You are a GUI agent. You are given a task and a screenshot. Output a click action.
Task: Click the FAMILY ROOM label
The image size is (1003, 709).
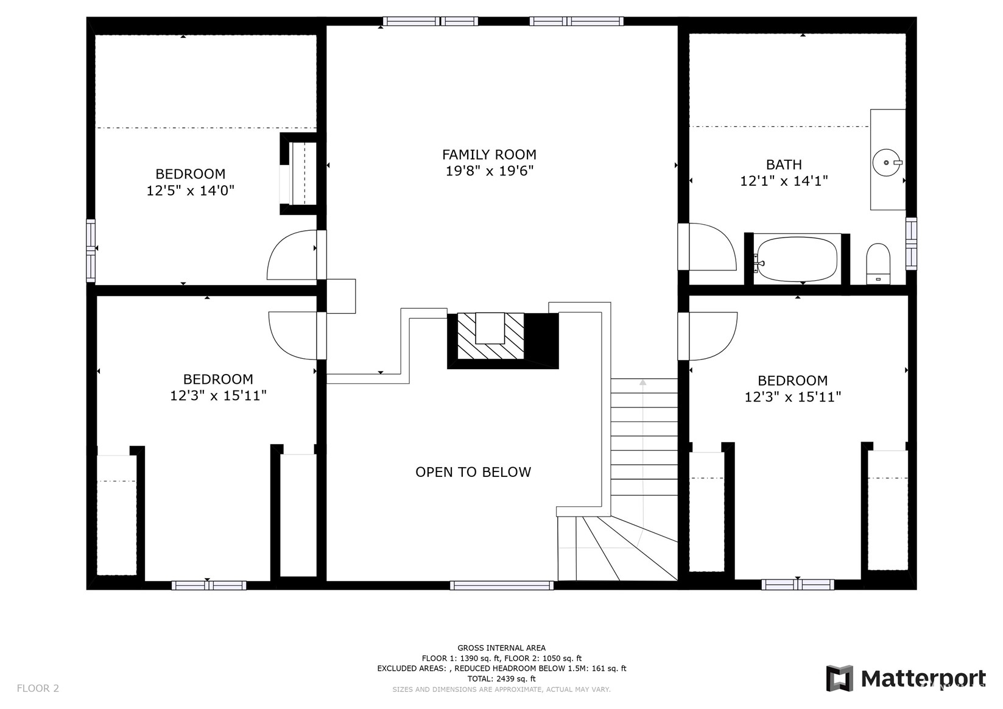(489, 155)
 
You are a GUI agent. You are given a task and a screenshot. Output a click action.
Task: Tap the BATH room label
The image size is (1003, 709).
(784, 165)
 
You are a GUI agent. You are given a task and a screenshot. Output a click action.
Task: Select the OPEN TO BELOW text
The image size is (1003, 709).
(473, 472)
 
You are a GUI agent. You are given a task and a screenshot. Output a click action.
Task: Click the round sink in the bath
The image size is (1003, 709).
(887, 163)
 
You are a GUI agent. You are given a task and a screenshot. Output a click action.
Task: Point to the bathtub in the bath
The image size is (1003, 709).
(797, 259)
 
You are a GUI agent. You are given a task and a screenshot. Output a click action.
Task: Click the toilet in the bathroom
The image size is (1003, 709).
(878, 264)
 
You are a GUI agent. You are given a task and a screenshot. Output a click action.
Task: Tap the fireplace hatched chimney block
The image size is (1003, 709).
(490, 336)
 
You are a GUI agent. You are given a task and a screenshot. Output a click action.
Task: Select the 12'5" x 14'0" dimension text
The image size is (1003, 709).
(191, 191)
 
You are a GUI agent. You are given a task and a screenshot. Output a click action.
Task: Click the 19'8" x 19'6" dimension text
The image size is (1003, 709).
(490, 171)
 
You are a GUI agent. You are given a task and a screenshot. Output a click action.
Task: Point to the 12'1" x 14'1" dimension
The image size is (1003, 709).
(784, 181)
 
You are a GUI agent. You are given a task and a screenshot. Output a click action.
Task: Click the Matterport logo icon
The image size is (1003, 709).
(840, 678)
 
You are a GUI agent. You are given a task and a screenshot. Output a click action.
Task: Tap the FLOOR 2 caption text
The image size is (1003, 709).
(38, 688)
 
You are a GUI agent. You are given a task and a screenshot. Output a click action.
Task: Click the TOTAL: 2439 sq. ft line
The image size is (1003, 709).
(502, 679)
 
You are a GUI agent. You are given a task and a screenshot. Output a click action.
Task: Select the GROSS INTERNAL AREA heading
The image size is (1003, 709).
(502, 647)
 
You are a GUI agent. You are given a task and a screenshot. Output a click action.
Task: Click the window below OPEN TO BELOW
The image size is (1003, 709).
(502, 585)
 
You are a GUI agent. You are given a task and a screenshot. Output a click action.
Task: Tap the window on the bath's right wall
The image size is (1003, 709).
(911, 244)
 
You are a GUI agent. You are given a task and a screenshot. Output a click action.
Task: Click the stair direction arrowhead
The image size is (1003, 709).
(643, 382)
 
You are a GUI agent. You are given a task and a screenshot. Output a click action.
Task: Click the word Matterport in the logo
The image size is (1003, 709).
(923, 679)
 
